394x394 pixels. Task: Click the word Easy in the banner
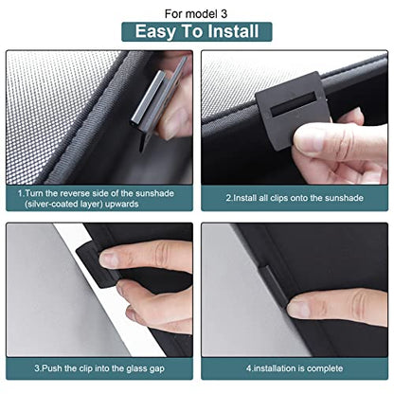[155, 32]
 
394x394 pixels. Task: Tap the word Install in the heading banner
[233, 31]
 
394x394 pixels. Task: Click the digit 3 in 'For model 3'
[224, 14]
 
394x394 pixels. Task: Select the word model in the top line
[202, 14]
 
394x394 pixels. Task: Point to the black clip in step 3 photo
[96, 263]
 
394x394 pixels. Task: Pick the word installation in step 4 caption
[278, 368]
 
